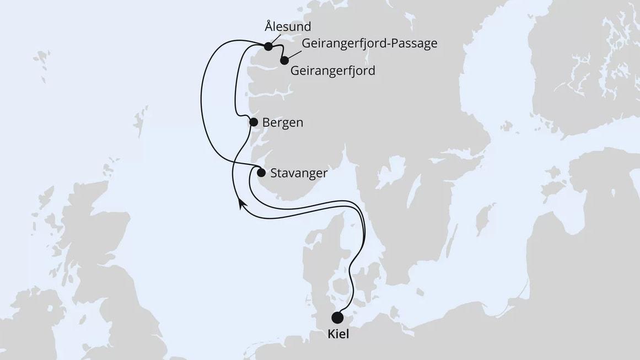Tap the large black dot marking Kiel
click(337, 318)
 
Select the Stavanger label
click(299, 173)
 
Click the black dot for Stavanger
click(261, 173)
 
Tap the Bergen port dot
click(254, 122)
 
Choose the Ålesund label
click(287, 26)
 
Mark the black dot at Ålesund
click(268, 46)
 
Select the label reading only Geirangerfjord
click(332, 71)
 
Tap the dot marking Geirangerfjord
click(284, 60)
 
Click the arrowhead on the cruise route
click(241, 204)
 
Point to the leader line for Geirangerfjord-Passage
click(293, 53)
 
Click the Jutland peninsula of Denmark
click(317, 259)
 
